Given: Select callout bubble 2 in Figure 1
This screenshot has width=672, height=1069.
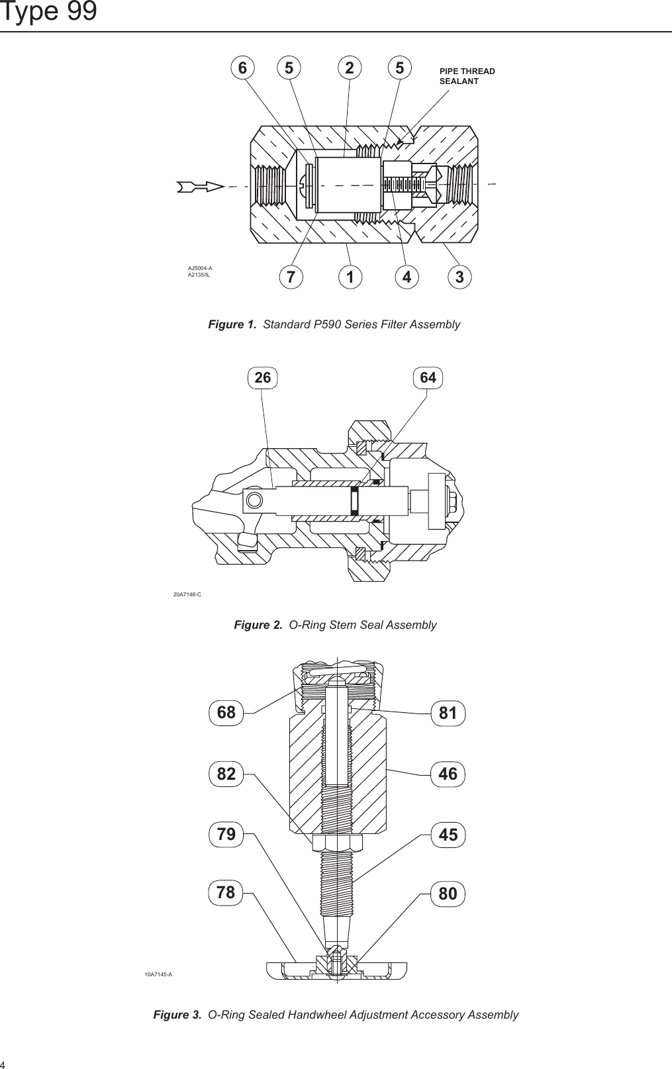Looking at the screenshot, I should coord(350,68).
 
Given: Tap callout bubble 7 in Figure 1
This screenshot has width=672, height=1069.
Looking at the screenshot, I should coord(289,278).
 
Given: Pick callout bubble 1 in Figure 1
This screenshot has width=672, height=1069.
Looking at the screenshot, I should coord(350,278).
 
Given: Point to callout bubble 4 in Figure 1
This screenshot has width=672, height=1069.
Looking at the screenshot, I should coord(407,278).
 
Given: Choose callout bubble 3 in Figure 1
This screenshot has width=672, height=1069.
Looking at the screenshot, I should coord(460,278).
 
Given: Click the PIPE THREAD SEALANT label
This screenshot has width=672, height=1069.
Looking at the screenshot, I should coord(467,76).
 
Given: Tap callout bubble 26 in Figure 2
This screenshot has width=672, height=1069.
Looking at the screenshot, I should coord(263,377).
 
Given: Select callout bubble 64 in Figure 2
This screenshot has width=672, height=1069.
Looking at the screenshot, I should coord(428,377).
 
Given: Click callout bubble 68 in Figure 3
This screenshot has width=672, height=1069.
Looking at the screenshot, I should coord(226,712).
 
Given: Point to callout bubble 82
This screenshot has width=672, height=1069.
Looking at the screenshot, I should coord(226,773).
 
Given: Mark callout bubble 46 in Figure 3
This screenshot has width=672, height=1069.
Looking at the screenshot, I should coord(448,773).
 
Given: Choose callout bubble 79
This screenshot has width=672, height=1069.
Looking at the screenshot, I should coord(226,834).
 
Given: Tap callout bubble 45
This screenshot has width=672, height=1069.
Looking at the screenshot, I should coord(448,835).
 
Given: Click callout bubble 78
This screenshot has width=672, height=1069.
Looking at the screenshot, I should coord(226,893).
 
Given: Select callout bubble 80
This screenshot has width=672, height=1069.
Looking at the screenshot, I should coord(448,894).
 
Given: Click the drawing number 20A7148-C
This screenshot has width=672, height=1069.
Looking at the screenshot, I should coord(187,594).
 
